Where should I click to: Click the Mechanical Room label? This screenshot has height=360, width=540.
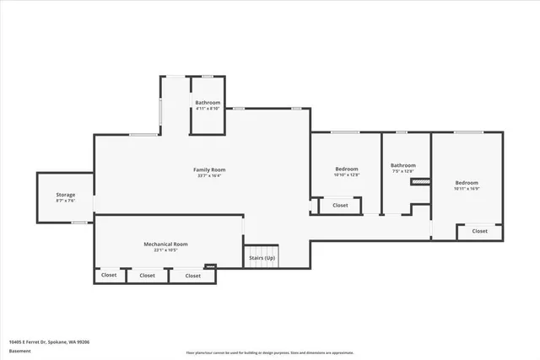point(165,244)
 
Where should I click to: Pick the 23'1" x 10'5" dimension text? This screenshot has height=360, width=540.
point(165,250)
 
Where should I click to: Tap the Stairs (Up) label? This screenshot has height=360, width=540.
point(261,257)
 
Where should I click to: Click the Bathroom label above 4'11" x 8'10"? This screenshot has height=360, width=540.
point(208,102)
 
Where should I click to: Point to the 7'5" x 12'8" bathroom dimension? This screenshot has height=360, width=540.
point(402,171)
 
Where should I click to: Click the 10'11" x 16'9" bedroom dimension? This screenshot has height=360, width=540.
point(467,189)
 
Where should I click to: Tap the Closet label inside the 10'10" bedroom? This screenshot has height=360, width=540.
point(340,205)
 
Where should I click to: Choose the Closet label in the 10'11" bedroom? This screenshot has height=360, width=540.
point(479,230)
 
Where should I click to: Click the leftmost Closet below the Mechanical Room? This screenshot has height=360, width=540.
point(109,275)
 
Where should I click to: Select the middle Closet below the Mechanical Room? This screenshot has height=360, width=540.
point(147,275)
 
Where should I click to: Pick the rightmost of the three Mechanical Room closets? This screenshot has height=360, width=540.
point(193,275)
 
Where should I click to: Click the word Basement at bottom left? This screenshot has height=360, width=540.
point(20,351)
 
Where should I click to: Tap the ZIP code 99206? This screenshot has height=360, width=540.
point(83,342)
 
